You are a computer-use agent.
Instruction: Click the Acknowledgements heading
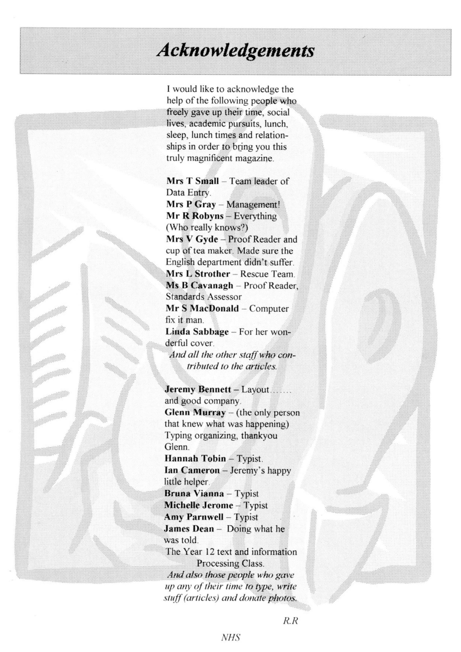(235, 50)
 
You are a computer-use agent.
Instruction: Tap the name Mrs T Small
(192, 181)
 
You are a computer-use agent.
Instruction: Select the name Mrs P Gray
(191, 204)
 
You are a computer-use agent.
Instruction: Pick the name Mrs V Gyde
(192, 239)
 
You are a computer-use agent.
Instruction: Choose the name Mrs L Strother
(198, 274)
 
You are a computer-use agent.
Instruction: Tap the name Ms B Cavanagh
(199, 285)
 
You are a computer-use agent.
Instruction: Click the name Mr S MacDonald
(202, 309)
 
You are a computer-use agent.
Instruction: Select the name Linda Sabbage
(197, 332)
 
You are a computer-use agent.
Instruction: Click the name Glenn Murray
(195, 413)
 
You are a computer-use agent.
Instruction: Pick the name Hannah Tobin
(195, 459)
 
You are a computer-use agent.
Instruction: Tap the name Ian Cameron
(192, 471)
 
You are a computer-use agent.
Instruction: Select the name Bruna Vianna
(194, 494)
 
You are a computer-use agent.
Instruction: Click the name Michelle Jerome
(199, 505)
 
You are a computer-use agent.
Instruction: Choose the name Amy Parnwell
(194, 517)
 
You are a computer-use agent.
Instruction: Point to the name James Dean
(189, 528)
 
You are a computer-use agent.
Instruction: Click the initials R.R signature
(290, 621)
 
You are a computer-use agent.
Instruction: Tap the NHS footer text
(230, 638)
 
